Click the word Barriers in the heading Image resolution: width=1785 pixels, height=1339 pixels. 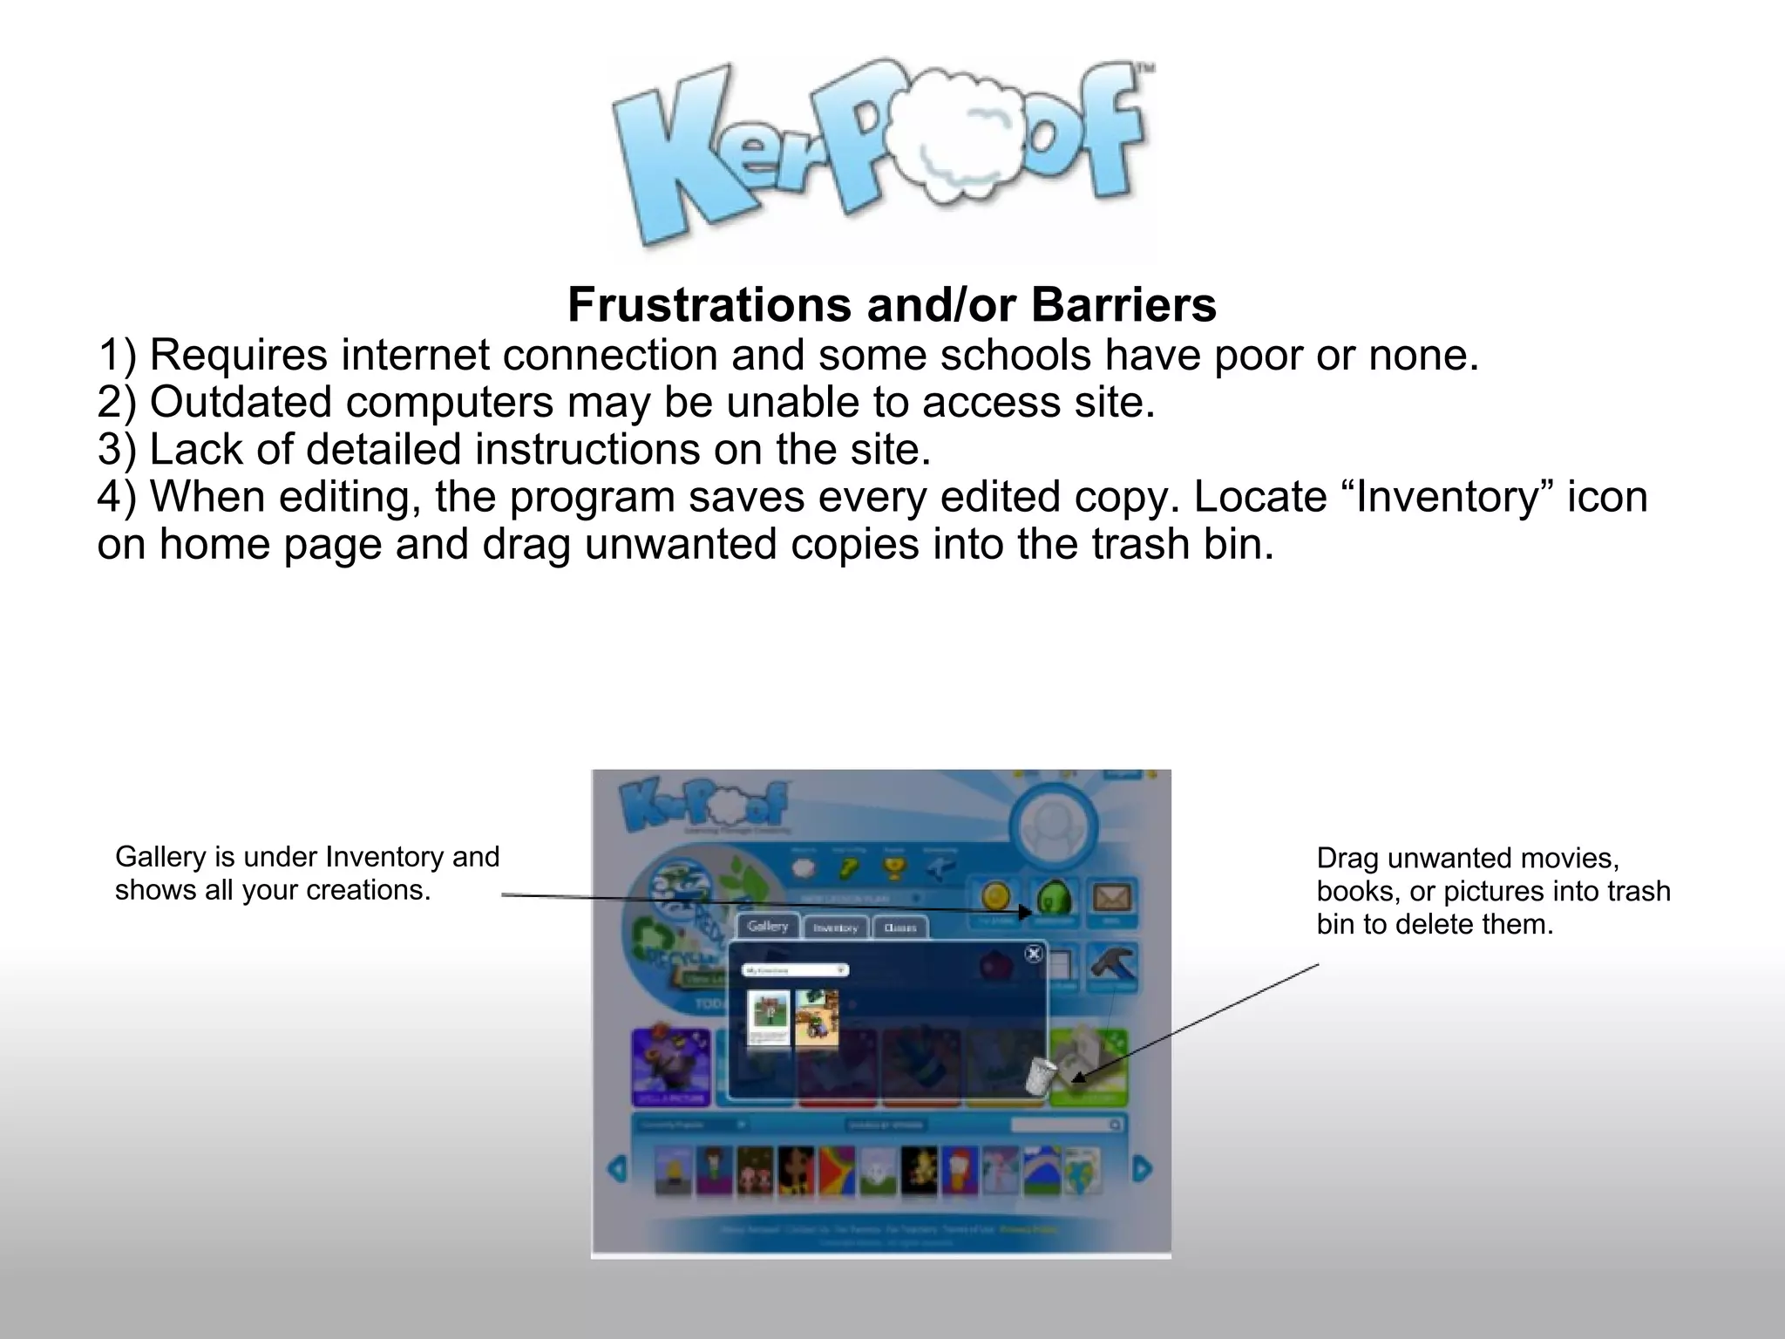[x=1123, y=305]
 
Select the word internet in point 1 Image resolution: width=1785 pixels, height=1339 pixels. [x=413, y=355]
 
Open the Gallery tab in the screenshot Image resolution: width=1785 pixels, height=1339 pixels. [x=767, y=927]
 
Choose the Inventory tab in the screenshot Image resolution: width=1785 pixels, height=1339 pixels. [x=835, y=928]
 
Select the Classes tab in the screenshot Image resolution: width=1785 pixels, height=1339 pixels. [x=899, y=928]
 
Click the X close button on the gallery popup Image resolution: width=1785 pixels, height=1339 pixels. [x=1034, y=954]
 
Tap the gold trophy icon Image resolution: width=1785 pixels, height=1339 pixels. [x=894, y=867]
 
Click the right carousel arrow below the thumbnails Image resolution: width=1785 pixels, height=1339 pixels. [x=1142, y=1168]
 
